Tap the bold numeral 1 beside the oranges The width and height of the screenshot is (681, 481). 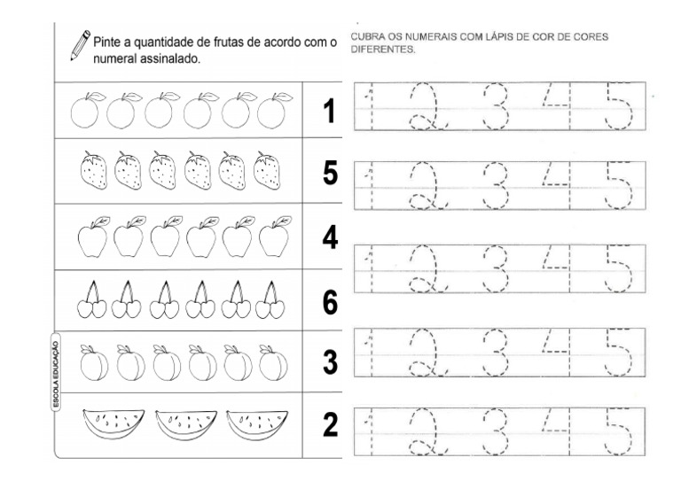coord(330,112)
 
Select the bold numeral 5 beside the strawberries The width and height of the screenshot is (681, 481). coord(330,174)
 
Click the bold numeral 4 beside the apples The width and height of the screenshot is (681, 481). coord(330,237)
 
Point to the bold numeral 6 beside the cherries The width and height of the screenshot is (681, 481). coord(330,302)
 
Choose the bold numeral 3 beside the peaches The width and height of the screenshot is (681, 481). coord(330,362)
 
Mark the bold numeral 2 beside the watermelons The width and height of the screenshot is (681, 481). coord(330,425)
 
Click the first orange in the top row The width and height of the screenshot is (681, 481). coord(84,111)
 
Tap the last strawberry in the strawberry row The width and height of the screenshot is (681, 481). coord(267,171)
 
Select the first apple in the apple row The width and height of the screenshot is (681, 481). coord(91,237)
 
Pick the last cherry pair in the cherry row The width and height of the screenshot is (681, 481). coord(270,299)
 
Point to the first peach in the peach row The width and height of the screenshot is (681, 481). coord(94,362)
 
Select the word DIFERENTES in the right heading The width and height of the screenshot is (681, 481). coord(383,50)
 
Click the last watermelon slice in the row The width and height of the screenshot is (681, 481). coord(249,423)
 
